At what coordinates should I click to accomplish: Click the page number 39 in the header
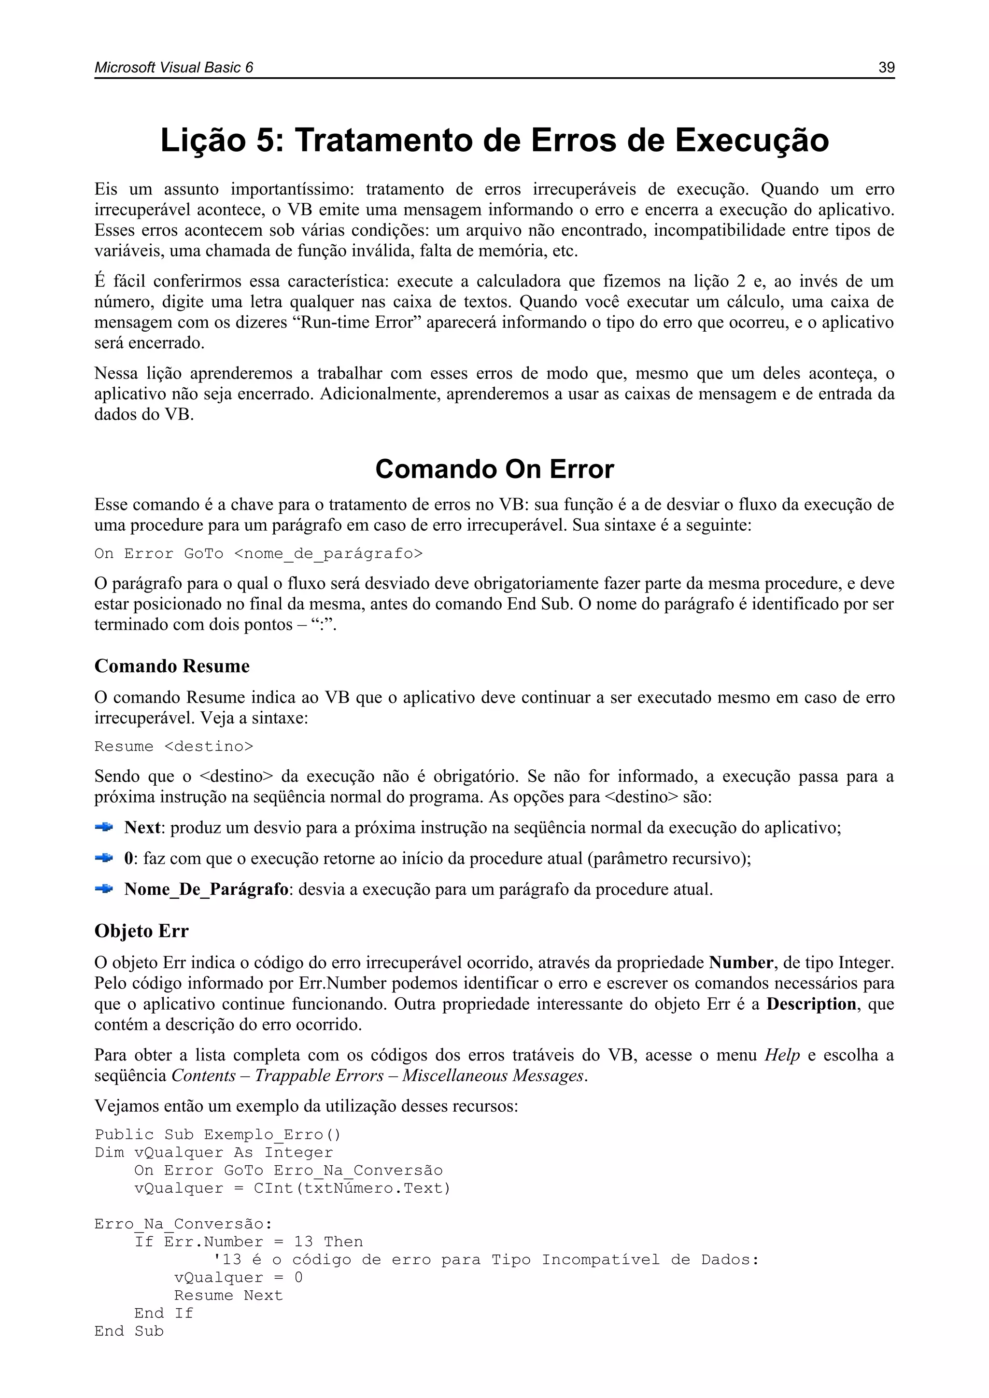[886, 68]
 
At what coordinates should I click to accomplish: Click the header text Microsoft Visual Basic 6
[173, 68]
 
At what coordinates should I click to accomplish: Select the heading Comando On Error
[494, 469]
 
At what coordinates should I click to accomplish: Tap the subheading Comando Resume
[172, 666]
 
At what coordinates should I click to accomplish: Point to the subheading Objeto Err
[141, 931]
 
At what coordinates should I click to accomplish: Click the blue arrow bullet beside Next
[104, 827]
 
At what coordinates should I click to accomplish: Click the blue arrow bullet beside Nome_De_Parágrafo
[104, 889]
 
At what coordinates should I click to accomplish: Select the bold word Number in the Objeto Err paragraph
[740, 962]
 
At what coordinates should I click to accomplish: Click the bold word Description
[811, 1004]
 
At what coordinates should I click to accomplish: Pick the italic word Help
[782, 1055]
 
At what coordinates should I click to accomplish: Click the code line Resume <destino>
[173, 747]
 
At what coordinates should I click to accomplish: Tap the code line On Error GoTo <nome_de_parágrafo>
[258, 553]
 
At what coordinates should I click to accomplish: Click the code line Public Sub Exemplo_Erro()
[218, 1135]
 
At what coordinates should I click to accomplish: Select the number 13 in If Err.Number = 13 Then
[303, 1242]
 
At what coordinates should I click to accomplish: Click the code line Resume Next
[228, 1296]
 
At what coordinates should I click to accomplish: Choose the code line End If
[163, 1313]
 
